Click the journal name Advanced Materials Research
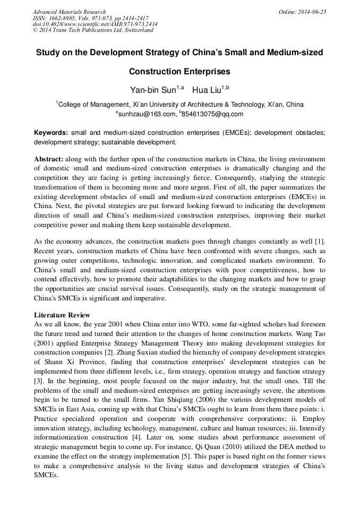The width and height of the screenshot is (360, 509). pos(70,12)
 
